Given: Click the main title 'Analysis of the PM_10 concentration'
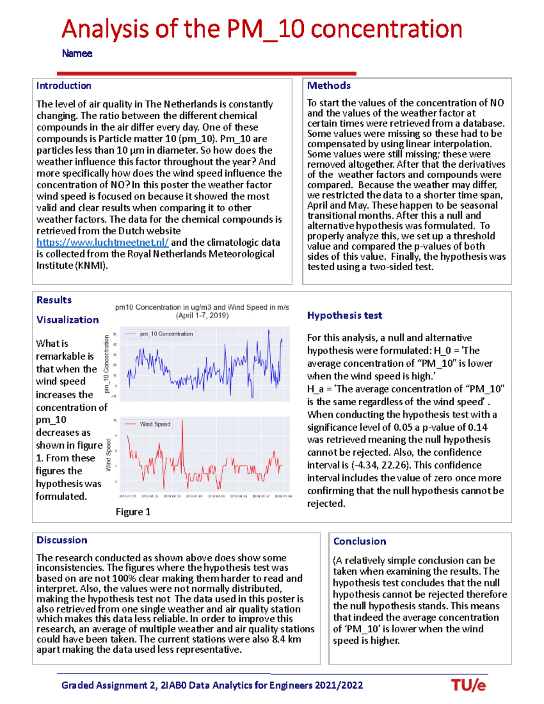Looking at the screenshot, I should click(x=262, y=29).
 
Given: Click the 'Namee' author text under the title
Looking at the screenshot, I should click(x=77, y=53).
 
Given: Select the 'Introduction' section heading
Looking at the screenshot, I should click(x=63, y=86).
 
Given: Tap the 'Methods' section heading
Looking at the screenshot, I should click(x=329, y=86).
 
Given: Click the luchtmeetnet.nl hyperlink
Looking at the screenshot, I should click(x=102, y=243).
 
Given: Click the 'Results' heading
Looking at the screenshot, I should click(x=54, y=300).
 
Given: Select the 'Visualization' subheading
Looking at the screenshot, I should click(x=68, y=320).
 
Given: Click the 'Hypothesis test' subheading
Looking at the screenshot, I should click(x=345, y=316).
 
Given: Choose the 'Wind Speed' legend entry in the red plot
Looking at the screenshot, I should click(x=155, y=424).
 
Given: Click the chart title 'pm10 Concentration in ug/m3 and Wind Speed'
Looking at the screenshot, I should click(x=202, y=307).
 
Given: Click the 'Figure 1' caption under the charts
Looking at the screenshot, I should click(x=133, y=512).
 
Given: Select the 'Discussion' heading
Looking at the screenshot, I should click(x=62, y=540).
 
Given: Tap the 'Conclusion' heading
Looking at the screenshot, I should click(x=359, y=541).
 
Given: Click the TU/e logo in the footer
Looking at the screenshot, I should click(x=468, y=685).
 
